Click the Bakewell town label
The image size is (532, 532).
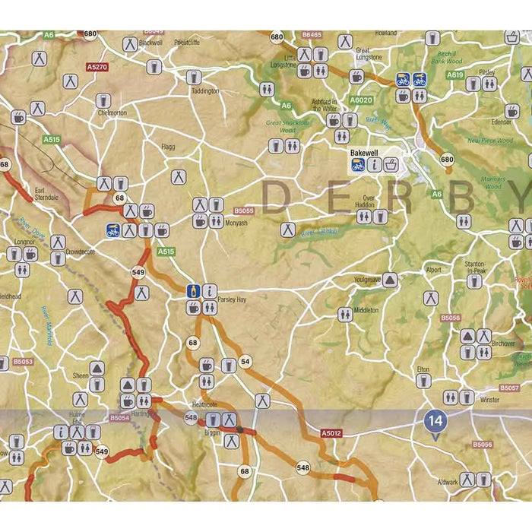point(363,153)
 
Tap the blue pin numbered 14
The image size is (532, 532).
point(435,420)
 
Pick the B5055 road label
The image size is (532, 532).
point(244,211)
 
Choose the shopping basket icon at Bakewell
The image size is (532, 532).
point(391,164)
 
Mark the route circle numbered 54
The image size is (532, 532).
point(245,361)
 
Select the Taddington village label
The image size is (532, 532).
point(205,90)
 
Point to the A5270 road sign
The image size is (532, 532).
point(97,68)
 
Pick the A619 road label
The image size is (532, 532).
point(454,75)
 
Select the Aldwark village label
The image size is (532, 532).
point(448,482)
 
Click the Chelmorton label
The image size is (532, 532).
point(112,112)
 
